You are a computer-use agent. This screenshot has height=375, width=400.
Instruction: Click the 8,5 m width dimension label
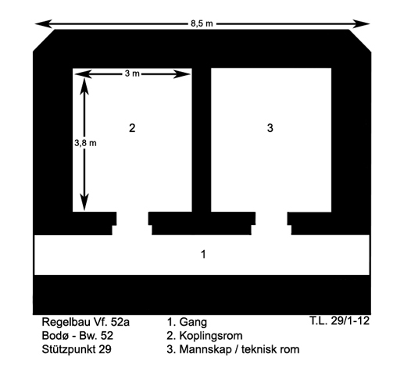pyautogui.click(x=202, y=23)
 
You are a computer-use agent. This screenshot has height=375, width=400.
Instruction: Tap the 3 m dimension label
pyautogui.click(x=132, y=73)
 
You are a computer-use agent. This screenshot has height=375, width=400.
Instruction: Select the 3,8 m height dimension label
pyautogui.click(x=85, y=143)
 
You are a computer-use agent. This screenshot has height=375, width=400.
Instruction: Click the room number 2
pyautogui.click(x=132, y=128)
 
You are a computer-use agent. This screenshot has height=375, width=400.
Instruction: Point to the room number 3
pyautogui.click(x=270, y=128)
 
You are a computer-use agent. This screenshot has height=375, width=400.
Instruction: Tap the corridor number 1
pyautogui.click(x=203, y=254)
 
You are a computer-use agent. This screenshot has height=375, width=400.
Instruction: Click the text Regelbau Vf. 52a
pyautogui.click(x=86, y=322)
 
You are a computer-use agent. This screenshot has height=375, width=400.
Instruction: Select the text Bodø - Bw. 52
pyautogui.click(x=77, y=336)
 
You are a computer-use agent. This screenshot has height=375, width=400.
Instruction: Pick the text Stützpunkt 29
pyautogui.click(x=77, y=349)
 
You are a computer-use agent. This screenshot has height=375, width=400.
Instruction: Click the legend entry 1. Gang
pyautogui.click(x=187, y=323)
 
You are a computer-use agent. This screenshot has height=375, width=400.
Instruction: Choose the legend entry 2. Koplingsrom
pyautogui.click(x=205, y=336)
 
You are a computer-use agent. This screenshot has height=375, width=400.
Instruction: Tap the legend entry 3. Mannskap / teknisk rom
pyautogui.click(x=233, y=349)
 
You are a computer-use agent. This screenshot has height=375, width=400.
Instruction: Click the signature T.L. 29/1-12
pyautogui.click(x=340, y=320)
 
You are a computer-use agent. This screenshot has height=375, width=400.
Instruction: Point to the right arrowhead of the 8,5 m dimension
pyautogui.click(x=362, y=23)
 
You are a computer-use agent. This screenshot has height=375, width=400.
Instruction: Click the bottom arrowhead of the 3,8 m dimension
pyautogui.click(x=84, y=202)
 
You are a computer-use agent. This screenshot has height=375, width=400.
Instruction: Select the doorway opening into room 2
pyautogui.click(x=132, y=223)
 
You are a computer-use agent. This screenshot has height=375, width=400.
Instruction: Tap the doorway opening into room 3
pyautogui.click(x=271, y=223)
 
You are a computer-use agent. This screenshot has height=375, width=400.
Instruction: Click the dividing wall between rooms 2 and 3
pyautogui.click(x=202, y=140)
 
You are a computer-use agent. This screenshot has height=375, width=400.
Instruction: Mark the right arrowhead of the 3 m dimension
pyautogui.click(x=182, y=74)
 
